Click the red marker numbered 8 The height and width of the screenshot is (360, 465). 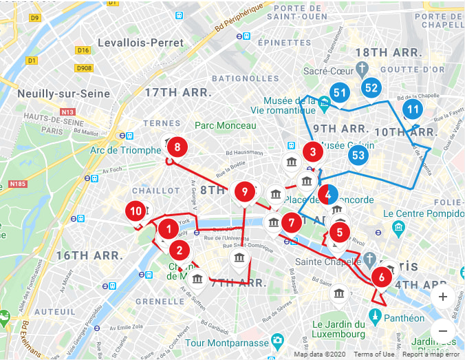tap(177, 147)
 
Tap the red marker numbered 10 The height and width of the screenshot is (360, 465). tap(136, 211)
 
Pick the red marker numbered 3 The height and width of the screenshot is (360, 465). tap(313, 151)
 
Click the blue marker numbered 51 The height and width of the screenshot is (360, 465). tap(339, 92)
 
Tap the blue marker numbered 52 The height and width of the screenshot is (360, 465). tap(371, 87)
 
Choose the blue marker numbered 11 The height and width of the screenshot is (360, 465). tap(413, 109)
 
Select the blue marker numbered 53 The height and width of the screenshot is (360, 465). tap(358, 155)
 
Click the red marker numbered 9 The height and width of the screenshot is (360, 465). tap(244, 191)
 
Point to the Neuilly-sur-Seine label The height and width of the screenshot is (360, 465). tap(56, 94)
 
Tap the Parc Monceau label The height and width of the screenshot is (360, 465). tap(225, 125)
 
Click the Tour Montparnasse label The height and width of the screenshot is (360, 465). tap(224, 343)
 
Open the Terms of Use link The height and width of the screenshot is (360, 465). tap(374, 354)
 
